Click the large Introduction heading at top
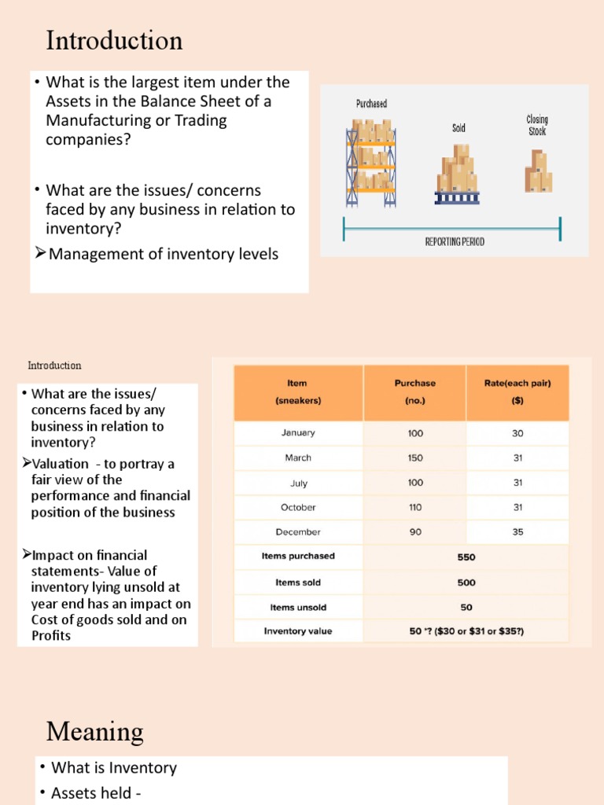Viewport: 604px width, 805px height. click(x=114, y=40)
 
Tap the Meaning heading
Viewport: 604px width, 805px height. click(x=94, y=732)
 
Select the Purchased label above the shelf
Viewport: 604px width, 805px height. click(x=371, y=104)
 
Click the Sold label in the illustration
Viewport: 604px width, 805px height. click(x=459, y=127)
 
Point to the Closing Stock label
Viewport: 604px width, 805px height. click(x=537, y=125)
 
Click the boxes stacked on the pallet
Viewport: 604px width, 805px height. click(x=457, y=174)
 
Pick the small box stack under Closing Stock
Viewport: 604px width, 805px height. click(x=539, y=171)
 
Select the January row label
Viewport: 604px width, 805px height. click(x=297, y=432)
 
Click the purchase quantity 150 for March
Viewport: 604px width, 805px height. click(x=414, y=458)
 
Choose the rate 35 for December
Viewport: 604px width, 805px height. click(x=517, y=531)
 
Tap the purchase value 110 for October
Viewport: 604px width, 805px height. click(x=414, y=507)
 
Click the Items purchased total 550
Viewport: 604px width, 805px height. click(x=466, y=557)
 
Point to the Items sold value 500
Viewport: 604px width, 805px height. click(x=466, y=583)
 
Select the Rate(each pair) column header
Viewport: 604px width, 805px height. click(x=517, y=384)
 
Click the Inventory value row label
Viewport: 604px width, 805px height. click(x=297, y=630)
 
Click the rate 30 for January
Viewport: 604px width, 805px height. click(x=517, y=432)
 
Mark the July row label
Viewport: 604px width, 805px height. click(x=297, y=483)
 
